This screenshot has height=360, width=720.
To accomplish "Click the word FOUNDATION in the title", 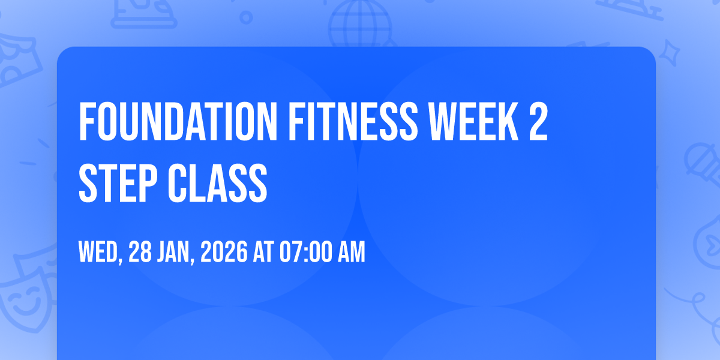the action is tap(178, 121).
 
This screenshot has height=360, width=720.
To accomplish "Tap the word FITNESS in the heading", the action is tap(353, 121).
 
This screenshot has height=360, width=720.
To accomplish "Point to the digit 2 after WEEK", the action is tap(538, 121).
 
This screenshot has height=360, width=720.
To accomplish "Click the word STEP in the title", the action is tap(118, 183).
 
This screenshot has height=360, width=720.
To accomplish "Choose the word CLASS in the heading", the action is tap(218, 183).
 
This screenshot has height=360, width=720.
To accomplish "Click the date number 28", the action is tap(140, 251).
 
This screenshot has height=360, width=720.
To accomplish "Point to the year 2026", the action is tap(224, 251).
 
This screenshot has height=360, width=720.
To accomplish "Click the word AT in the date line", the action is tap(263, 251).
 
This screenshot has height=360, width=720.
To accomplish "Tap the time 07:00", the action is tap(305, 251).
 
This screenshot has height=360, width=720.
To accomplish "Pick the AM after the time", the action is tap(352, 251).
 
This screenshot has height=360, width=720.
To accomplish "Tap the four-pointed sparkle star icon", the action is tap(669, 53).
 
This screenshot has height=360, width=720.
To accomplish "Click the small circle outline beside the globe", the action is tap(246, 17).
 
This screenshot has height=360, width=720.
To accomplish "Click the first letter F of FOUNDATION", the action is tap(86, 121).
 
